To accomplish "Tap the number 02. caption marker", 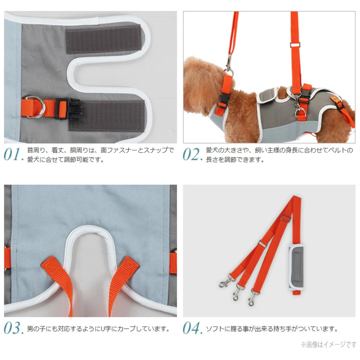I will click(192, 154).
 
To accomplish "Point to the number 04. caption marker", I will click(192, 328).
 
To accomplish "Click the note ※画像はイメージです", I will click(328, 344).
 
